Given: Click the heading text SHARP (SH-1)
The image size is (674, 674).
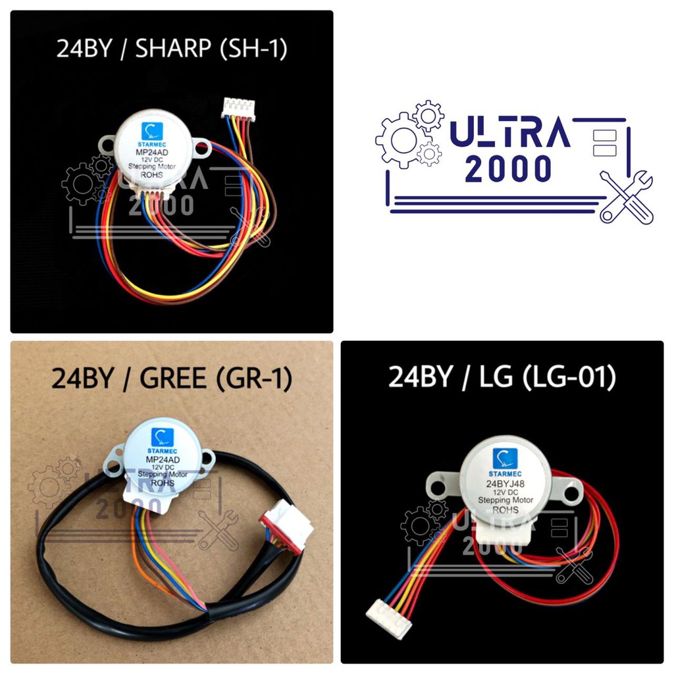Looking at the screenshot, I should (x=211, y=50).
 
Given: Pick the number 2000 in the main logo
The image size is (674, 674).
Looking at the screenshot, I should (x=508, y=169).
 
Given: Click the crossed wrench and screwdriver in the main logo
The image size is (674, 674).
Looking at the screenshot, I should (x=626, y=196).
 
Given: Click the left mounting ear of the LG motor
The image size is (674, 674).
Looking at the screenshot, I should (x=440, y=486).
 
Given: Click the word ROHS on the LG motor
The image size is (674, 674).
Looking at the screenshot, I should (x=505, y=510).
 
